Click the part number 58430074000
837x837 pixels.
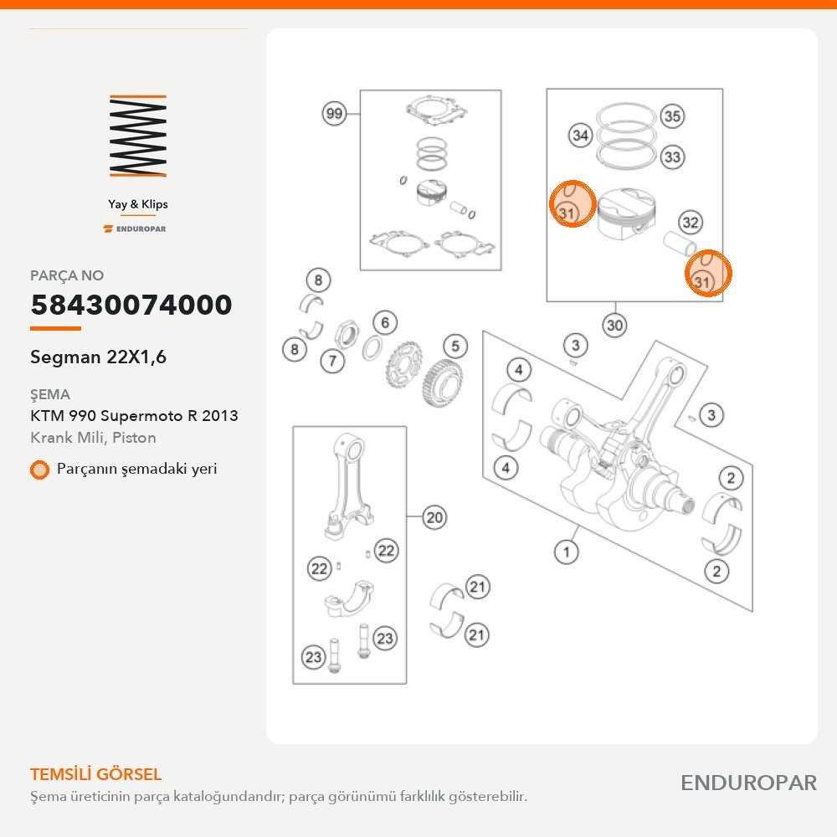[131, 305]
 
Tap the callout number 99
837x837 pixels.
[334, 113]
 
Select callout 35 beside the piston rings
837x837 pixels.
[672, 116]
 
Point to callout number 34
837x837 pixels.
[580, 136]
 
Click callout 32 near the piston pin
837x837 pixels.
[691, 222]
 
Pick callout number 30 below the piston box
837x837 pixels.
[614, 325]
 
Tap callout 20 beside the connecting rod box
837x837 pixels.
[434, 516]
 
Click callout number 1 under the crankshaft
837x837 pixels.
[567, 552]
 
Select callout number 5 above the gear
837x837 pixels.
[454, 346]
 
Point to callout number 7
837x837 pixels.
[332, 361]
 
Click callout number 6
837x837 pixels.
[385, 322]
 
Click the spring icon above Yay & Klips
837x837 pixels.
[138, 136]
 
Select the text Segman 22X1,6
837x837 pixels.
[98, 357]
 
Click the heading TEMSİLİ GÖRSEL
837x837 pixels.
[96, 774]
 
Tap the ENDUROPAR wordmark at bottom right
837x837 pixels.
[749, 783]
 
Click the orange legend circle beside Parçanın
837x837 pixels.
[39, 470]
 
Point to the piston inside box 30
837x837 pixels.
[625, 212]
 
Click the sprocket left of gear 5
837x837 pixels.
[403, 366]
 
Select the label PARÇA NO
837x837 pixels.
[67, 275]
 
